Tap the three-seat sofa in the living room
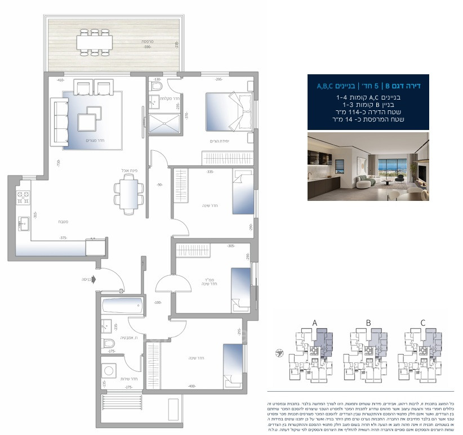tap(59, 120)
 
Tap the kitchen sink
tap(24, 223)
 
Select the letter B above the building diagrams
tap(368, 323)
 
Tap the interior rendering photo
tap(368, 167)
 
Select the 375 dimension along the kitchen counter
tap(64, 238)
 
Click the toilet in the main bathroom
tap(109, 343)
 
